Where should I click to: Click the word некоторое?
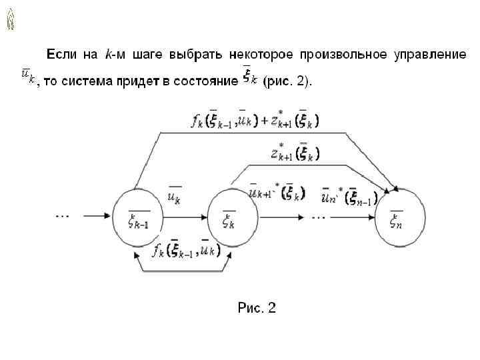261,54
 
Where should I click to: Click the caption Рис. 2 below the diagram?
257,308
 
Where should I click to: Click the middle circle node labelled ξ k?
233,217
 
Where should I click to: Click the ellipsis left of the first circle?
64,215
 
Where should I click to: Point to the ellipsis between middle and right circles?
318,217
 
